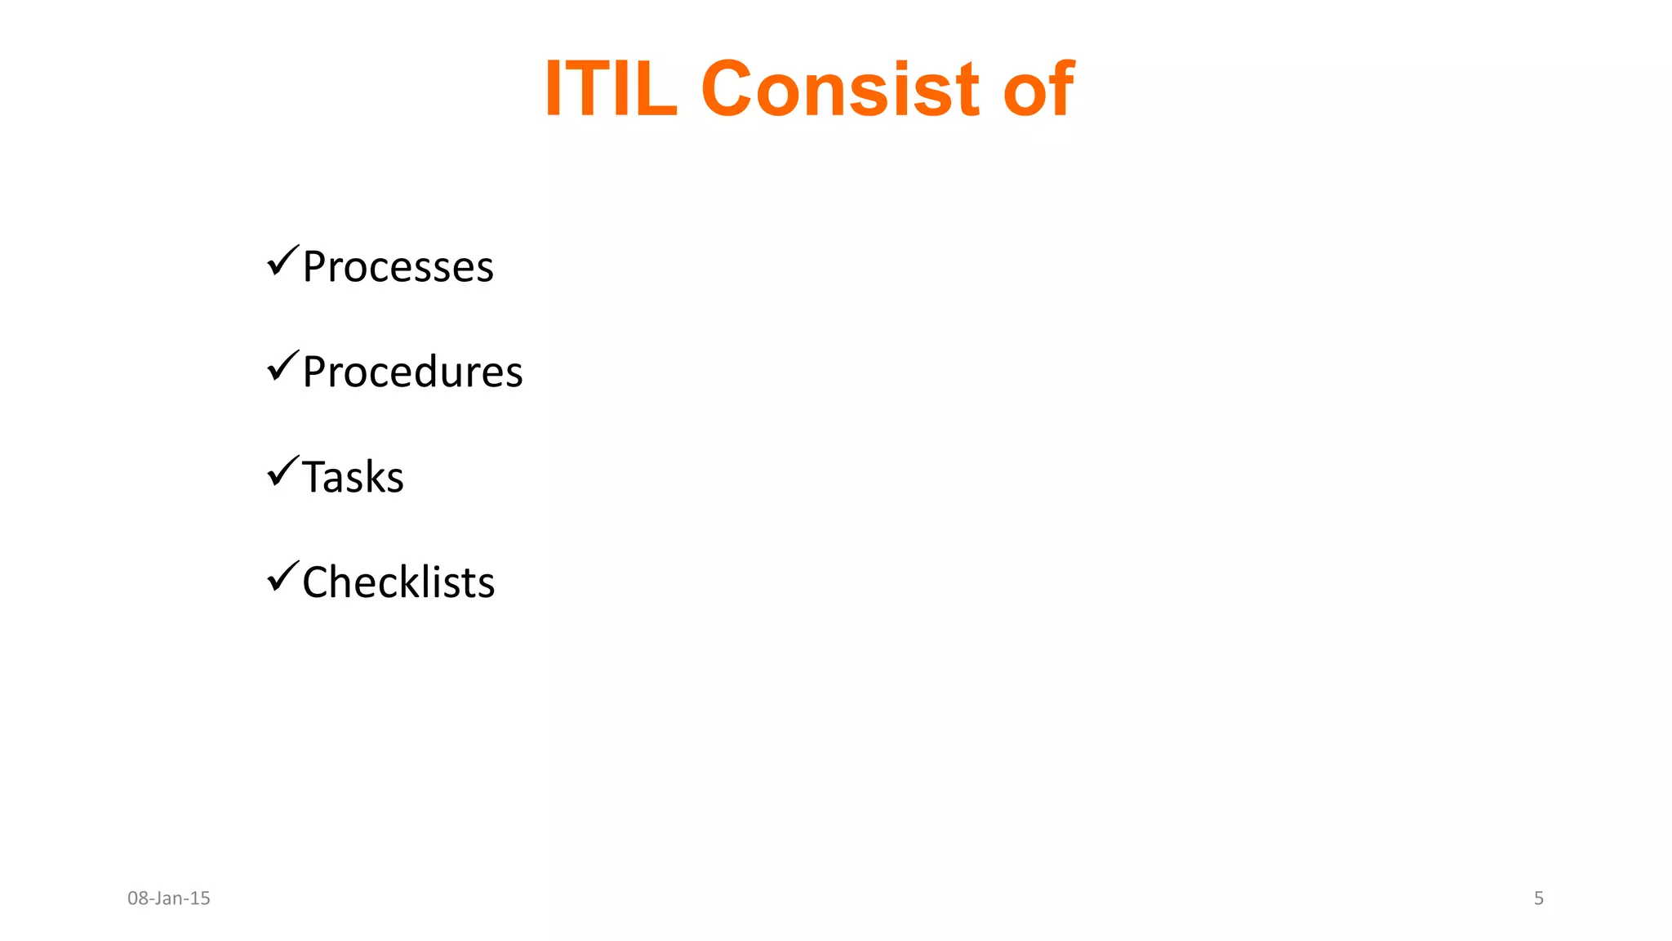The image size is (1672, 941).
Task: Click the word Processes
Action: pos(398,267)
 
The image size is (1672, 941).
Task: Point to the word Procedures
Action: pos(412,372)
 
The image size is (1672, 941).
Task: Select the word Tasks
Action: pos(353,477)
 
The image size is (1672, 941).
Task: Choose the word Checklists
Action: pos(398,582)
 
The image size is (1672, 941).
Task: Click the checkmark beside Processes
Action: pos(282,261)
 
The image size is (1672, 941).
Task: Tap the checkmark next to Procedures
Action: pos(282,367)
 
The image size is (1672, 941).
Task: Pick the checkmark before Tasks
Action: pos(282,472)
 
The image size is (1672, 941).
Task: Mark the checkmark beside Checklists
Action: pos(282,578)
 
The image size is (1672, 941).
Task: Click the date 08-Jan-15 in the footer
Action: pos(169,899)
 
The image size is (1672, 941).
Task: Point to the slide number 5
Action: pos(1539,899)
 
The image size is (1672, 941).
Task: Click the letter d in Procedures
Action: pos(438,372)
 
